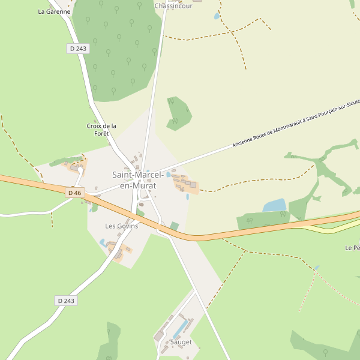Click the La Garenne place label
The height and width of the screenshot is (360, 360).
tap(54, 11)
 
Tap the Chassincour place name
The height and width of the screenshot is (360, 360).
tap(173, 6)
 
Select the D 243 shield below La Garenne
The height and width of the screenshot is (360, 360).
tap(77, 49)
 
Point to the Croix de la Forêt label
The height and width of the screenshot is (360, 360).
tap(101, 130)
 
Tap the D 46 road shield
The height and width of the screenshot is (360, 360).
tap(74, 193)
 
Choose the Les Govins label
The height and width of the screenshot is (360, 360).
tap(121, 226)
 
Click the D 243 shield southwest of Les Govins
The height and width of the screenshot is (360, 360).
tap(66, 301)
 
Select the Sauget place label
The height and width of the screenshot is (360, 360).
tap(181, 342)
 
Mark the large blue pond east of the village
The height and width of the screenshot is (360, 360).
tap(275, 206)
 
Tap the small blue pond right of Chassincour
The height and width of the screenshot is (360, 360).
tap(217, 16)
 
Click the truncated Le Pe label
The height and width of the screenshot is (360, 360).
tap(352, 248)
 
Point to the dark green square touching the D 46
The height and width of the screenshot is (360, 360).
tap(175, 226)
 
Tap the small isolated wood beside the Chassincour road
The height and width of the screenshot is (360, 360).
tap(178, 112)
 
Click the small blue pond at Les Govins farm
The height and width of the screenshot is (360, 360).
tap(103, 242)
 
